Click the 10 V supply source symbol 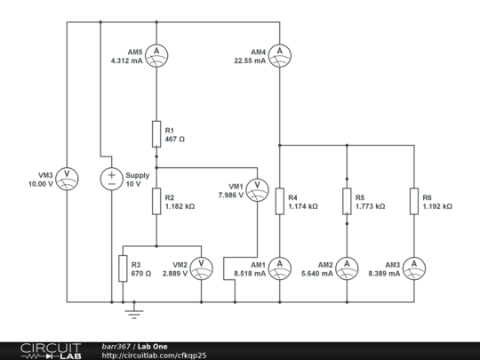(112, 178)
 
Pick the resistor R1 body (156, 133)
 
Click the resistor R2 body (156, 201)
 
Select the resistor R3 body (123, 268)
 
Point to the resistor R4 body (279, 201)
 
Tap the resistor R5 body (346, 201)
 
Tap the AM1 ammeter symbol (279, 268)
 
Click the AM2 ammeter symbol (346, 268)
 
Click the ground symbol (134, 312)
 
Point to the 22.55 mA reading (250, 60)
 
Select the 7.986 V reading (230, 195)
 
